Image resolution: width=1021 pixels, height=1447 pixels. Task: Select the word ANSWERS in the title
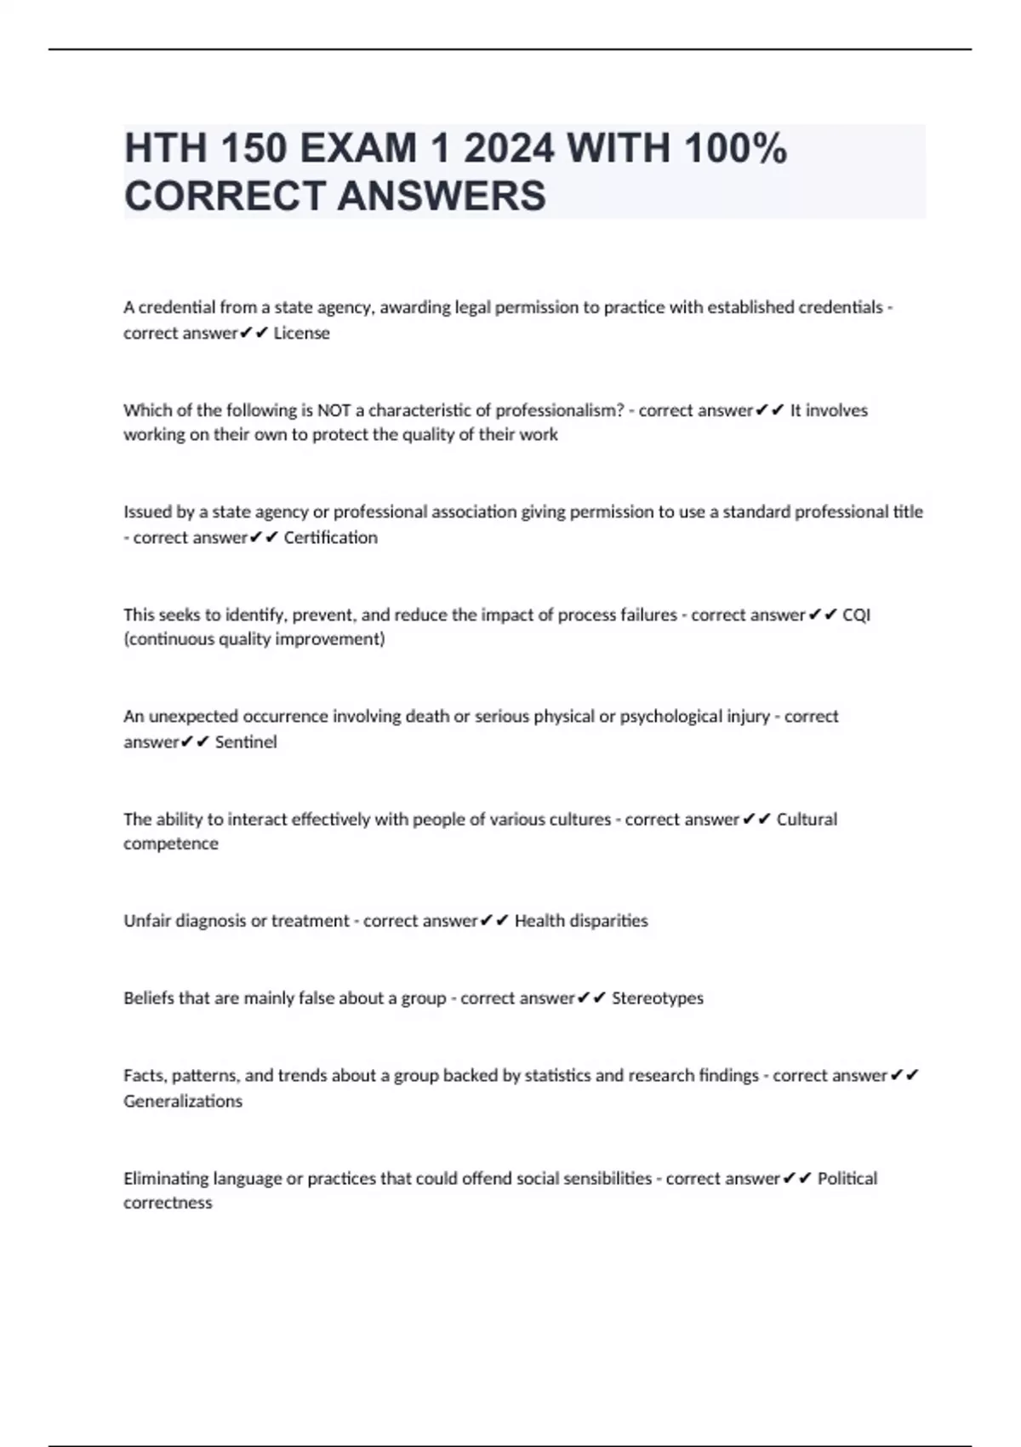[x=442, y=196]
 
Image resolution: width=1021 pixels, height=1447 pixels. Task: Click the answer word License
[x=301, y=334]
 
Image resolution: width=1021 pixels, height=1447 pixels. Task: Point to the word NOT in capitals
[x=334, y=410]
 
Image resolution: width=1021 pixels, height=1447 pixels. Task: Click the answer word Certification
[x=330, y=538]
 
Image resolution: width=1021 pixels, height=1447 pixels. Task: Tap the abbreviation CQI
[x=856, y=615]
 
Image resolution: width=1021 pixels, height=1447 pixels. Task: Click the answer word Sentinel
[x=246, y=742]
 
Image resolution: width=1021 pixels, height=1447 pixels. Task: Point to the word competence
[x=171, y=844]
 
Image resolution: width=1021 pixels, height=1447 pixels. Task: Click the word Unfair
[x=147, y=921]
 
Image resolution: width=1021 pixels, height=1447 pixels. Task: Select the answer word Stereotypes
[x=658, y=998]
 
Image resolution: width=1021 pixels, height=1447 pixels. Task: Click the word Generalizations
[x=183, y=1101]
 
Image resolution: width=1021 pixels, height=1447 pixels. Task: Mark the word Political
[x=847, y=1179]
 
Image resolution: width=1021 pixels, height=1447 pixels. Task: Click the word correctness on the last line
[x=168, y=1203]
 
